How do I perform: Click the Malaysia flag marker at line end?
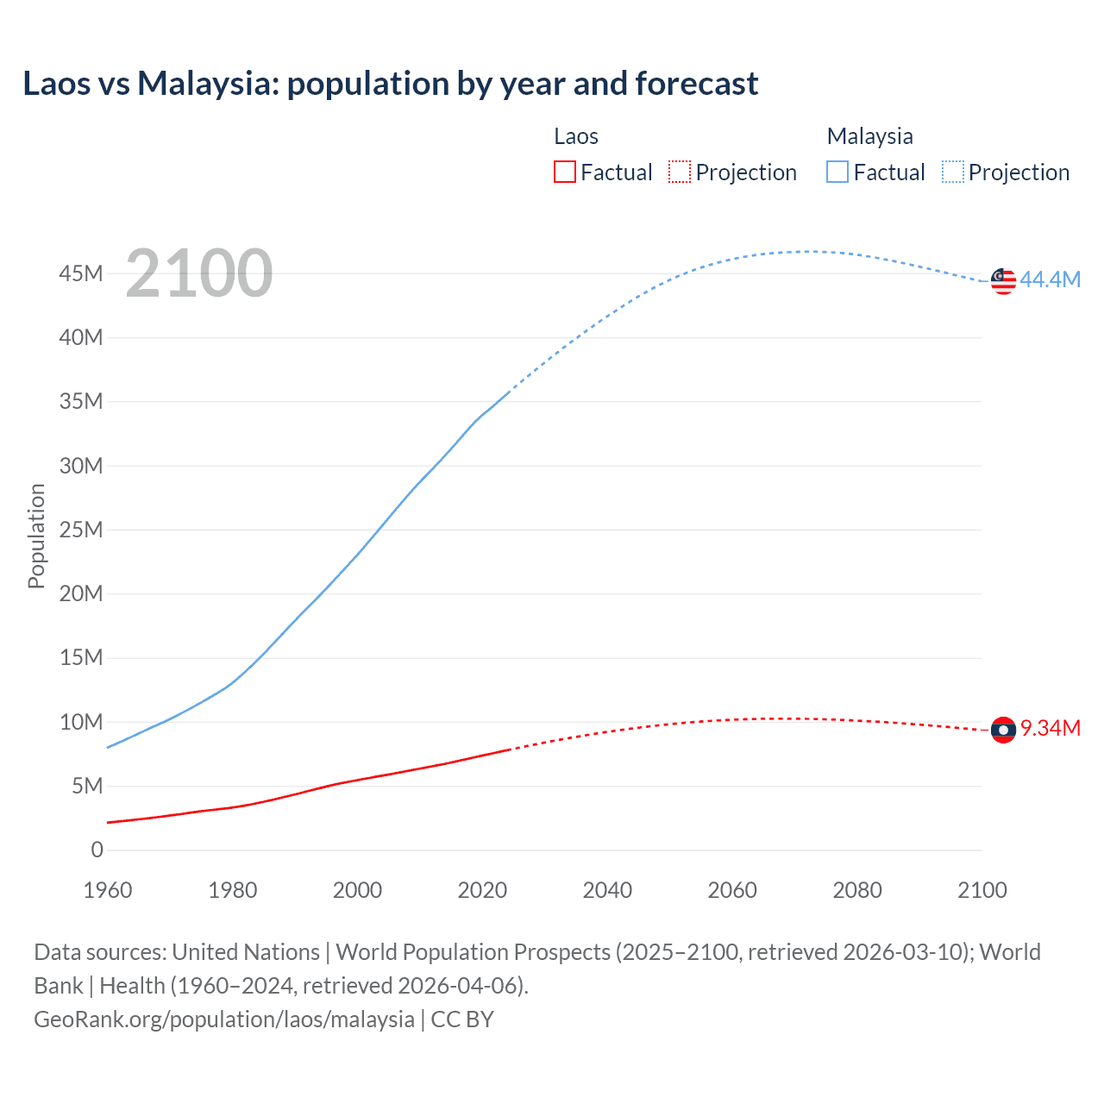1003,281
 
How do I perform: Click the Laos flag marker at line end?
1003,730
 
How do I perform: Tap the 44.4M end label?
1050,279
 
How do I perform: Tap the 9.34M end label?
1051,728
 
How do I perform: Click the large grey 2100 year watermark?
199,273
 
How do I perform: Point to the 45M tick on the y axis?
81,273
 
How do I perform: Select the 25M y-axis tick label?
81,530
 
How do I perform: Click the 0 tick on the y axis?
97,850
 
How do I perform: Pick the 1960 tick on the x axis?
108,890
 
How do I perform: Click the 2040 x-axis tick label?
607,890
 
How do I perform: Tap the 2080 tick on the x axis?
857,890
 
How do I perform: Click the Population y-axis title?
36,536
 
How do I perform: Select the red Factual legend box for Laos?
564,172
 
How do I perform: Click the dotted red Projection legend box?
679,172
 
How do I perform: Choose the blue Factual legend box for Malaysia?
837,172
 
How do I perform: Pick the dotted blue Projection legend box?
952,172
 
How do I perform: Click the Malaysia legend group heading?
869,136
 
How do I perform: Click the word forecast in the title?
696,84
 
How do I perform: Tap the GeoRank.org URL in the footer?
224,1019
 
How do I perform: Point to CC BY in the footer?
462,1019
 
